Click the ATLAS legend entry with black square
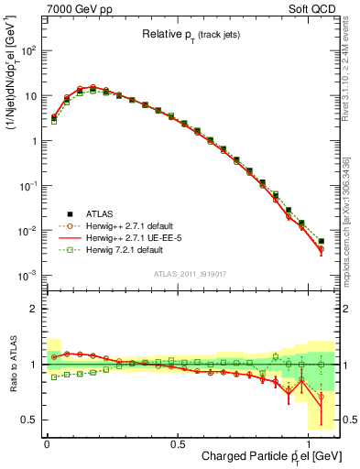pyautogui.click(x=93, y=211)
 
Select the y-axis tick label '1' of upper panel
pyautogui.click(x=33, y=141)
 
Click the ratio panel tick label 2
pyautogui.click(x=32, y=309)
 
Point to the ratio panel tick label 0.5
pyautogui.click(x=27, y=420)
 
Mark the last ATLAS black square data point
pyautogui.click(x=321, y=241)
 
